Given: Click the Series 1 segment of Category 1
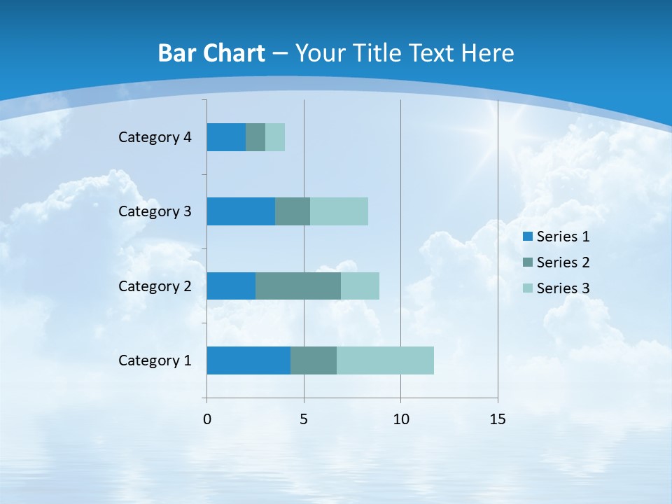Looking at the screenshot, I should tap(248, 360).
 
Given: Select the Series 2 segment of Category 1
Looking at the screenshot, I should tap(314, 360).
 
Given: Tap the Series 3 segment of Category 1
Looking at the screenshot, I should tap(385, 360).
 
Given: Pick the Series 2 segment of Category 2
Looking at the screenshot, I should tap(298, 286).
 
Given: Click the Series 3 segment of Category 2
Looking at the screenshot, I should tap(360, 286).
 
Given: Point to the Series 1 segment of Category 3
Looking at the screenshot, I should tap(241, 211).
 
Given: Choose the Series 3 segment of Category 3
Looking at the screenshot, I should tap(339, 211).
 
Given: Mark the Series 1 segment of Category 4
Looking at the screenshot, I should tap(226, 137).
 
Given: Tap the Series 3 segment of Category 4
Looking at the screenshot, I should tap(275, 137).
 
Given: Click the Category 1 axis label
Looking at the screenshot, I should tap(155, 360).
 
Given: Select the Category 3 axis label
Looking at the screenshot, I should tap(155, 211).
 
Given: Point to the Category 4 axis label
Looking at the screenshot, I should tap(155, 137).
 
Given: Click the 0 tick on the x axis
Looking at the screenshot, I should tap(207, 419).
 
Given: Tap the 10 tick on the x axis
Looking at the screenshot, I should tap(400, 419).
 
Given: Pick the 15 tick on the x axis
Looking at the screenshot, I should tap(498, 419).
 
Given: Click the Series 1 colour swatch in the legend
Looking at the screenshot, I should tap(528, 237).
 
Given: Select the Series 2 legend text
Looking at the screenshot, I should tap(563, 262).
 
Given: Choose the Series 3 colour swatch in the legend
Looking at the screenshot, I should tap(528, 288).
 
